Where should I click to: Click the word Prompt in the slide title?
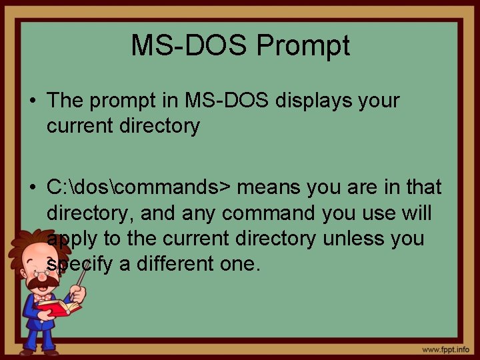tap(303, 46)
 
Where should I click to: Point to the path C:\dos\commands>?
tap(139, 188)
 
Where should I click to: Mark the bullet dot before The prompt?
tap(31, 101)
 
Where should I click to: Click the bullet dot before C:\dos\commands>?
tap(31, 188)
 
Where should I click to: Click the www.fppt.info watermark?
tap(445, 349)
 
